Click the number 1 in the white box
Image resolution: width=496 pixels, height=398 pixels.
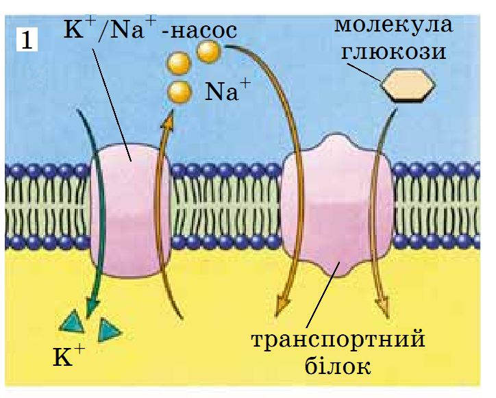(27, 40)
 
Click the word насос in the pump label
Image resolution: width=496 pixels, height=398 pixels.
(203, 31)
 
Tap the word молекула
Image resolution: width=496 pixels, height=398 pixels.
(393, 24)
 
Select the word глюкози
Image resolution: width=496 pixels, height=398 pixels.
(393, 51)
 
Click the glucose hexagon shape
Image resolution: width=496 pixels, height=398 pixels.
(408, 85)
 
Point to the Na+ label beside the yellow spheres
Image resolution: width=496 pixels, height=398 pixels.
(227, 90)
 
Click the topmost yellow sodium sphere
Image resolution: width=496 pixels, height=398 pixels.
(208, 51)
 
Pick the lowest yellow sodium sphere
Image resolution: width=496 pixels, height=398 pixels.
(179, 92)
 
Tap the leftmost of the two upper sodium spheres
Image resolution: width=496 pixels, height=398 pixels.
(179, 63)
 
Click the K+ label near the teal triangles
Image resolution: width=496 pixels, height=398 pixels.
(69, 356)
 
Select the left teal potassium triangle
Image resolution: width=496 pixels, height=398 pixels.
(73, 322)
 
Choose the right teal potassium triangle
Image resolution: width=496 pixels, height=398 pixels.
(109, 330)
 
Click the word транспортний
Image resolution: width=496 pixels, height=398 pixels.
(338, 340)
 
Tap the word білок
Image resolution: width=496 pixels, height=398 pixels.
(338, 366)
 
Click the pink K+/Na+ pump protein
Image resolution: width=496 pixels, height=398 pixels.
(130, 211)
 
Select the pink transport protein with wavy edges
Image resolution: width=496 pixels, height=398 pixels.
(338, 206)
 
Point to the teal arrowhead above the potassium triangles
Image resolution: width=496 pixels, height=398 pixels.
(92, 306)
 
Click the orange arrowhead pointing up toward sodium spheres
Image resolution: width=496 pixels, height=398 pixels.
(168, 120)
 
